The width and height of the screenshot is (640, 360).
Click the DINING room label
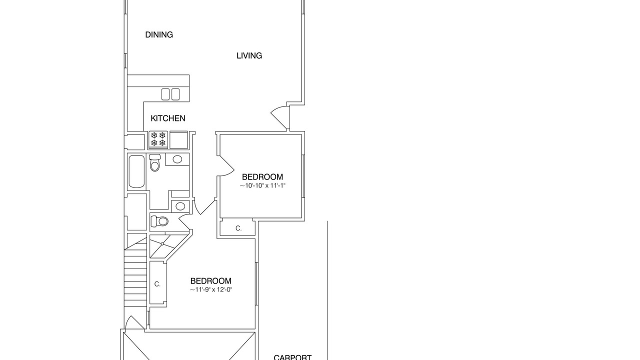[x=159, y=35]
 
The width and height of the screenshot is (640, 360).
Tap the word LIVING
[x=249, y=55]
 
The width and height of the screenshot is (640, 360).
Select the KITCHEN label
[x=167, y=118]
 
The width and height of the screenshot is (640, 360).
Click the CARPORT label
[x=292, y=357]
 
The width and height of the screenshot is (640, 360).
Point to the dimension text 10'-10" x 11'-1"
[x=262, y=185]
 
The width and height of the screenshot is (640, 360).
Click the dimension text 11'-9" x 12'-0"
[x=211, y=289]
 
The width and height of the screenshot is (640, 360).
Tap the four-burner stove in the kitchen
[x=158, y=139]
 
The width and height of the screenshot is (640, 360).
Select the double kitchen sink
[x=170, y=94]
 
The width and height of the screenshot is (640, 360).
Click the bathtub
[x=136, y=171]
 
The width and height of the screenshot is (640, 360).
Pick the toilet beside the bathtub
[x=155, y=162]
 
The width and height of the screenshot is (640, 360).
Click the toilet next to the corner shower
[x=159, y=221]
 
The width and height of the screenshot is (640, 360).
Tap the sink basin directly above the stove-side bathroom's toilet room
[x=180, y=206]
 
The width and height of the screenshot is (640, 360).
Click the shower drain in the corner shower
[x=162, y=244]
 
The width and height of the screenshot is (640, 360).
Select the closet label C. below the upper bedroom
[x=238, y=228]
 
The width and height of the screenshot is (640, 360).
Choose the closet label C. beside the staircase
[x=157, y=284]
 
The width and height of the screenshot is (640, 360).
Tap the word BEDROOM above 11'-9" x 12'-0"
[x=211, y=281]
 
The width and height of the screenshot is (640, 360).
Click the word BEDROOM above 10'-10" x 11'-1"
[x=262, y=177]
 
